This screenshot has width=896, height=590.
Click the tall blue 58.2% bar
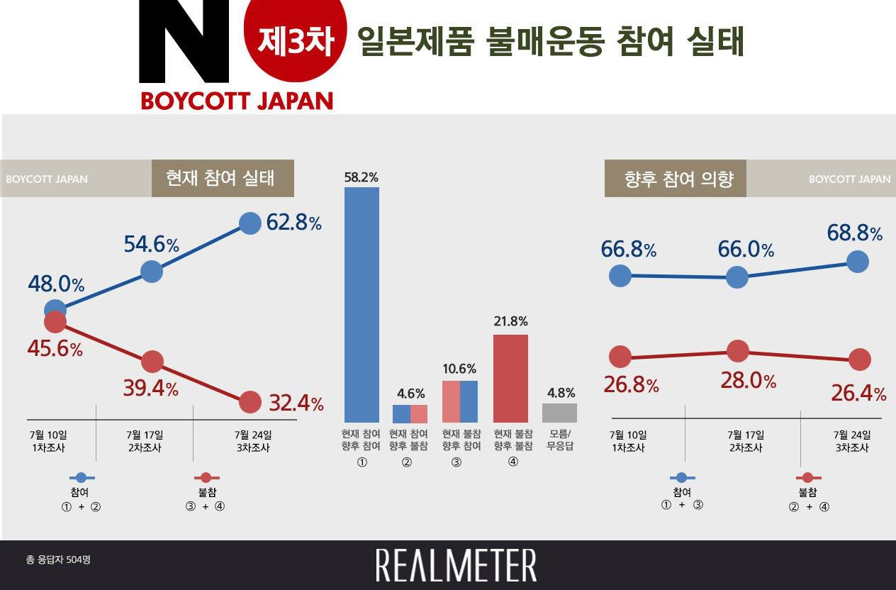pos(362,305)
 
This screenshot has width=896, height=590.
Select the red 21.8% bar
pos(510,379)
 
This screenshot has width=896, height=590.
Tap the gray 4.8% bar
pos(559,413)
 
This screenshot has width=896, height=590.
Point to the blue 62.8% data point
pos(250,223)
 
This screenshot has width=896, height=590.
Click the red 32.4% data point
pos(250,402)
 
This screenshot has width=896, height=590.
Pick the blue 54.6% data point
pos(152,271)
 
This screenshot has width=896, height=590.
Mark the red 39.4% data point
pos(152,362)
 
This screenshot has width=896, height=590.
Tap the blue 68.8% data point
pos(857,261)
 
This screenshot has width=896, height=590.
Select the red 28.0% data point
pos(737,350)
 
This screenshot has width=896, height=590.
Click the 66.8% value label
pos(628,250)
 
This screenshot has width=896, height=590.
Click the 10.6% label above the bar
pos(459,369)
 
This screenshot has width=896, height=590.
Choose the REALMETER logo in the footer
pos(456,565)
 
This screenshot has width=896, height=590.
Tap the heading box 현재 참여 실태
pos(223,178)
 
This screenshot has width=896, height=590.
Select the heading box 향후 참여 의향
pos(676,179)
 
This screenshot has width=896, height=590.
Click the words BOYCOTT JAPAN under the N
pos(236,101)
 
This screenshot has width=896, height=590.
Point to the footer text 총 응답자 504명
pos(58,560)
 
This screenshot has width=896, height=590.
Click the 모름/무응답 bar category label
pos(559,440)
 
